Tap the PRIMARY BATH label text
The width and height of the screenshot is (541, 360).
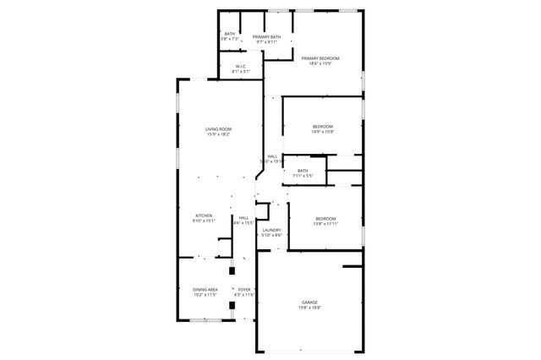266,37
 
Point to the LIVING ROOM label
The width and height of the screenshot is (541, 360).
218,129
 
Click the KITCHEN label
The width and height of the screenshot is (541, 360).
204,215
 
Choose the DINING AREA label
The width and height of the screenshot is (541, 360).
205,290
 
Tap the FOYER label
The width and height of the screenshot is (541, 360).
244,290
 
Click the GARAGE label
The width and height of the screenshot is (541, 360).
310,303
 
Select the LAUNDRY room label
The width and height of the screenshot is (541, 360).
271,230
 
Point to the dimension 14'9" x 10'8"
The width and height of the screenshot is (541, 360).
323,132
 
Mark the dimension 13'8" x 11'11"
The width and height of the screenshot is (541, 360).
326,224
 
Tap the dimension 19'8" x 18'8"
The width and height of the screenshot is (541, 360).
310,308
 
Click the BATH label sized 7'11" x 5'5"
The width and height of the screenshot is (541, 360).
303,171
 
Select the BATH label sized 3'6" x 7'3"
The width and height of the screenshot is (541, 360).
229,35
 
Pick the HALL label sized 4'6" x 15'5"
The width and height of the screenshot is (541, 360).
243,218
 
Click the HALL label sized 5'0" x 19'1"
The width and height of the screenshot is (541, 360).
272,156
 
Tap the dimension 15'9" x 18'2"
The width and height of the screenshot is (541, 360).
218,134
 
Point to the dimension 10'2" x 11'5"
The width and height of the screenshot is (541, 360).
205,295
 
